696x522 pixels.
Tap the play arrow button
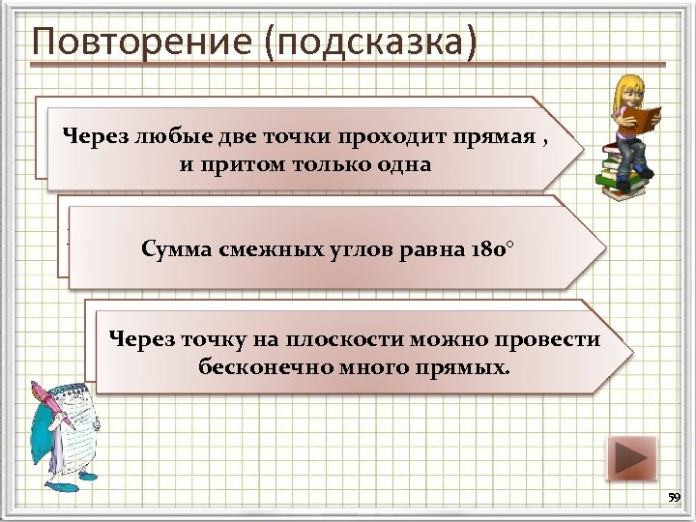click(x=631, y=458)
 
